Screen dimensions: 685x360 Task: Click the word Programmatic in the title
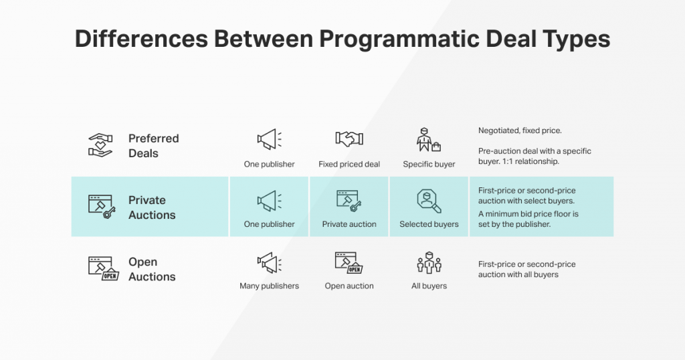click(x=399, y=39)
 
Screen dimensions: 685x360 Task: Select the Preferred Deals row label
click(x=153, y=146)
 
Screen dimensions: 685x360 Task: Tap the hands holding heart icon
click(x=100, y=145)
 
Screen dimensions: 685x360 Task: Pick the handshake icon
click(x=349, y=139)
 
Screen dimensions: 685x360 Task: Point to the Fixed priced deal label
click(x=349, y=164)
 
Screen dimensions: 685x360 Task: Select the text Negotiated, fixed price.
click(x=520, y=130)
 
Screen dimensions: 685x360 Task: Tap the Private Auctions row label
click(x=152, y=207)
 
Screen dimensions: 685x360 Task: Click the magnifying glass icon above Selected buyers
click(x=429, y=201)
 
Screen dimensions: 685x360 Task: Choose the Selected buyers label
click(x=429, y=224)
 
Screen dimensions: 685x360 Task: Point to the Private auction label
click(x=349, y=224)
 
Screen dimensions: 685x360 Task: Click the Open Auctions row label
click(x=152, y=269)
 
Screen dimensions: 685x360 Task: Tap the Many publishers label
click(x=269, y=286)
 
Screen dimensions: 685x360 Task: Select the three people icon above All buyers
click(x=429, y=262)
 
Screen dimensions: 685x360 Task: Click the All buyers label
click(x=429, y=286)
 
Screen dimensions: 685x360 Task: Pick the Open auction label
click(x=349, y=286)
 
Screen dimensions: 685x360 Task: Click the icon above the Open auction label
click(x=349, y=262)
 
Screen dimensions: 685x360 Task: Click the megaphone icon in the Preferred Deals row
click(x=269, y=139)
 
